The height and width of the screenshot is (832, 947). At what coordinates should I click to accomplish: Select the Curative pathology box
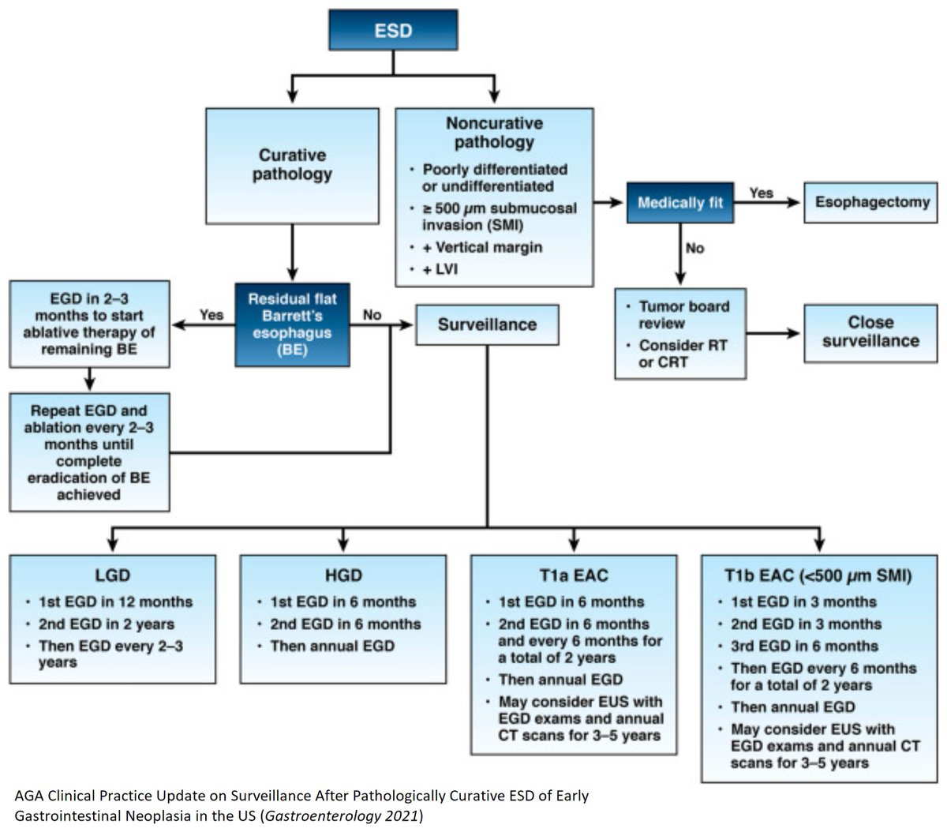pyautogui.click(x=292, y=165)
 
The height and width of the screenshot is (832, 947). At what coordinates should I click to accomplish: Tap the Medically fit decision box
pyautogui.click(x=679, y=203)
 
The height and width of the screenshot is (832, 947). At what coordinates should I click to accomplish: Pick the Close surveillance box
pyautogui.click(x=870, y=332)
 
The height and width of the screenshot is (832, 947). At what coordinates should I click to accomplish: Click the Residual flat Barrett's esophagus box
pyautogui.click(x=292, y=324)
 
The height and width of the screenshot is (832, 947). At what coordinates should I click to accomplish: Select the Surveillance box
pyautogui.click(x=487, y=324)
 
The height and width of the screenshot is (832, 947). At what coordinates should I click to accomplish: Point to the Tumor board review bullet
pyautogui.click(x=683, y=314)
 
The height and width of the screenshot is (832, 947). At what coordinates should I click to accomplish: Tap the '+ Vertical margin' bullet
pyautogui.click(x=481, y=247)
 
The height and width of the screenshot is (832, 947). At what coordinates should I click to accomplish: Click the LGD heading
pyautogui.click(x=112, y=575)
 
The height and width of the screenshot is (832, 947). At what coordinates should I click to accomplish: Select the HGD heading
pyautogui.click(x=342, y=575)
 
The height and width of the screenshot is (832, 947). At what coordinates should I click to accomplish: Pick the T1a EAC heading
pyautogui.click(x=573, y=575)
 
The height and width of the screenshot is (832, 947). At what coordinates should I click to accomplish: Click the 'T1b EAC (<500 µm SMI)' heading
pyautogui.click(x=818, y=575)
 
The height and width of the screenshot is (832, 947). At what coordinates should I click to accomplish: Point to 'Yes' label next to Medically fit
pyautogui.click(x=762, y=193)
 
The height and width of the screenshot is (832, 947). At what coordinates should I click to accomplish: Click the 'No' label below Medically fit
pyautogui.click(x=694, y=248)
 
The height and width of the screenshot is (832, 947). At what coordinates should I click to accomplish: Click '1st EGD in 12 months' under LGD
pyautogui.click(x=115, y=602)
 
